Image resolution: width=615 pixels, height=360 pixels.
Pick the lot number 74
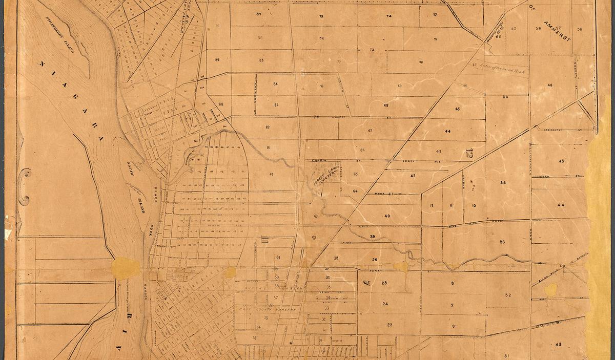(x=388, y=16)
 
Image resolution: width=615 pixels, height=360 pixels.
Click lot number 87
(x=259, y=13)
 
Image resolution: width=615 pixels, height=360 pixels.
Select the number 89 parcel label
(x=217, y=60)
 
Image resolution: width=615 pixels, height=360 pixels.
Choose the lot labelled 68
(x=386, y=105)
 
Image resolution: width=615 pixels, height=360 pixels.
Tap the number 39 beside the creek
(x=373, y=236)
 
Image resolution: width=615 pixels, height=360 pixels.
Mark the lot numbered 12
(x=432, y=205)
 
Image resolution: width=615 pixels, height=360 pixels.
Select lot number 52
(x=507, y=295)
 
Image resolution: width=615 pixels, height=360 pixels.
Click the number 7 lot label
(x=452, y=305)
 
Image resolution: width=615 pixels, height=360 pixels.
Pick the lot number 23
(x=389, y=325)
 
